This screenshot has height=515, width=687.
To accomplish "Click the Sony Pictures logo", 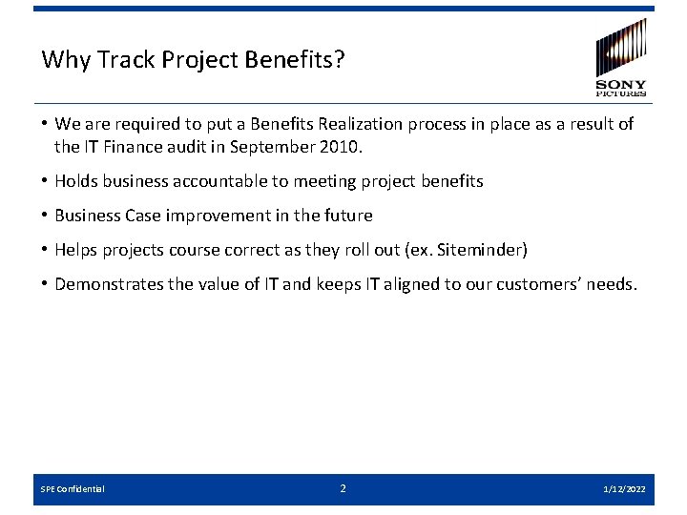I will [x=620, y=57].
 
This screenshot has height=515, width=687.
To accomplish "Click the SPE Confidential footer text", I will [x=73, y=489].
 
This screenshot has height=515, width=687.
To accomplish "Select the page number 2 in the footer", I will [x=343, y=488].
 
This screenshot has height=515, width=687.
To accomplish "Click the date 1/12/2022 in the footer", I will [x=624, y=489].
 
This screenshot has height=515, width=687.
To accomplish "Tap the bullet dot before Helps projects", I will [x=45, y=250].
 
